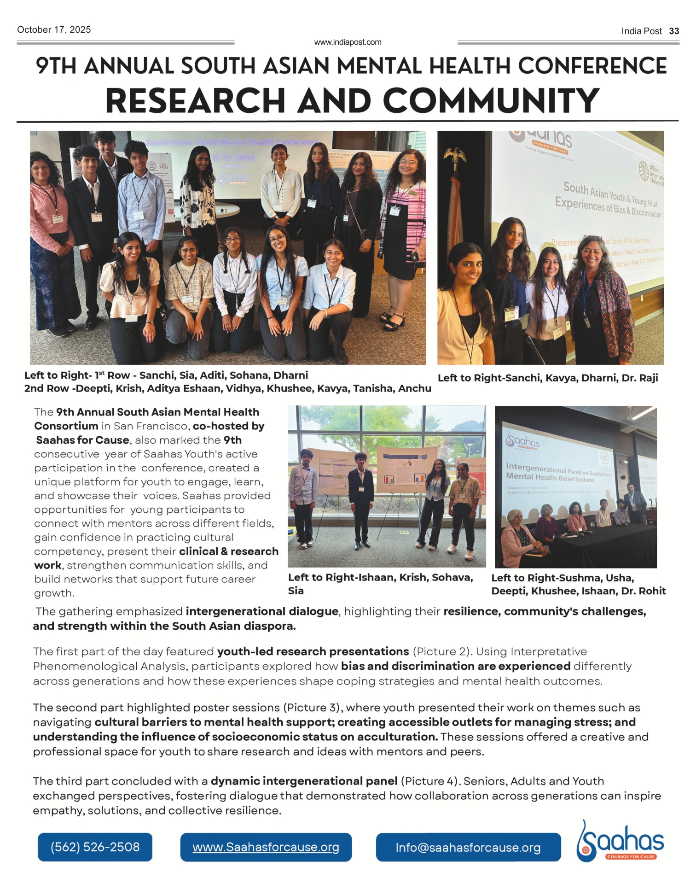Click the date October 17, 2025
point(54,30)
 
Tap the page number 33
point(674,31)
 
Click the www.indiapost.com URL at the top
point(348,42)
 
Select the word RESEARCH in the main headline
point(195,101)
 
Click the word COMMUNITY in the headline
point(491,101)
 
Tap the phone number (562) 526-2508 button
point(95,847)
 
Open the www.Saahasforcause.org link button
point(266,847)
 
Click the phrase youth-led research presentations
point(313,652)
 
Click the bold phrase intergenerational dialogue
point(262,612)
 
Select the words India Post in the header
point(641,31)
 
